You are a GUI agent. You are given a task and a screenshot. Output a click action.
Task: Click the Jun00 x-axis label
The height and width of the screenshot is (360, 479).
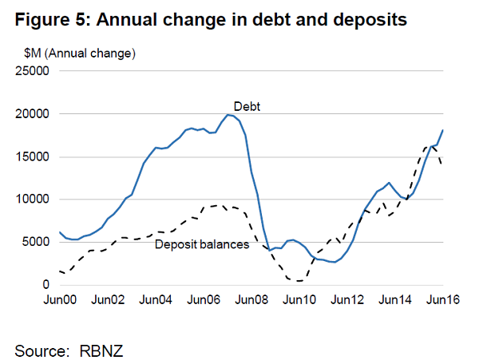(x=60, y=301)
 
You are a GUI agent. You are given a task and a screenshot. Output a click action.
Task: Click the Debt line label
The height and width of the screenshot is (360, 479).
(x=247, y=106)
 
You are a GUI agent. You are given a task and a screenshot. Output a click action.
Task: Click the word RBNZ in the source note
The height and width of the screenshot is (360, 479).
(x=102, y=350)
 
